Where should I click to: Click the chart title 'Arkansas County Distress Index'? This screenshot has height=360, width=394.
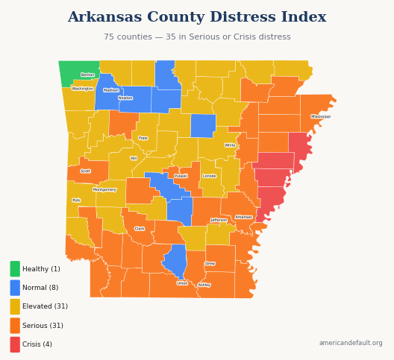[197, 17]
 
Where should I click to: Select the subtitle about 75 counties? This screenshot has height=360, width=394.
[197, 37]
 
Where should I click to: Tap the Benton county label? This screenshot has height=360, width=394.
[88, 75]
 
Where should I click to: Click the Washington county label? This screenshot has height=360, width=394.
[83, 89]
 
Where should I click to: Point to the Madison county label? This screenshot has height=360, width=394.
[111, 90]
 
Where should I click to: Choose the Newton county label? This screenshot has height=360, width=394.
[125, 98]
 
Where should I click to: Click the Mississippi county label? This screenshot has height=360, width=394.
[321, 116]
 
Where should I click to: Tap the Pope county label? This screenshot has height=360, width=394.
[143, 138]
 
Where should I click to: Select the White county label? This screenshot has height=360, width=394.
[230, 145]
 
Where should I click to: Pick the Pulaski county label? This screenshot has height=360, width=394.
[181, 176]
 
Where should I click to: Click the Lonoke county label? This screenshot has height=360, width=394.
[210, 176]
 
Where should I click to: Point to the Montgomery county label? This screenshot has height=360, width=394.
[104, 189]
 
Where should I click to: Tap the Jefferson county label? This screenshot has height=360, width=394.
[219, 220]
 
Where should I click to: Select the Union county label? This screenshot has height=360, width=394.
[183, 283]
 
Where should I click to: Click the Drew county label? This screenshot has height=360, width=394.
[210, 263]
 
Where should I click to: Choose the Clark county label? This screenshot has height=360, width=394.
[140, 229]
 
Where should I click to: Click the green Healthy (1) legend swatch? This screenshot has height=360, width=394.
[15, 269]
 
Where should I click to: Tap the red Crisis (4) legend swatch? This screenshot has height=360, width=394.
[15, 344]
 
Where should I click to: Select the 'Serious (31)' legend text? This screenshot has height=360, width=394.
[43, 326]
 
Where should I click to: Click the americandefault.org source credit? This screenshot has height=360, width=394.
[351, 344]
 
